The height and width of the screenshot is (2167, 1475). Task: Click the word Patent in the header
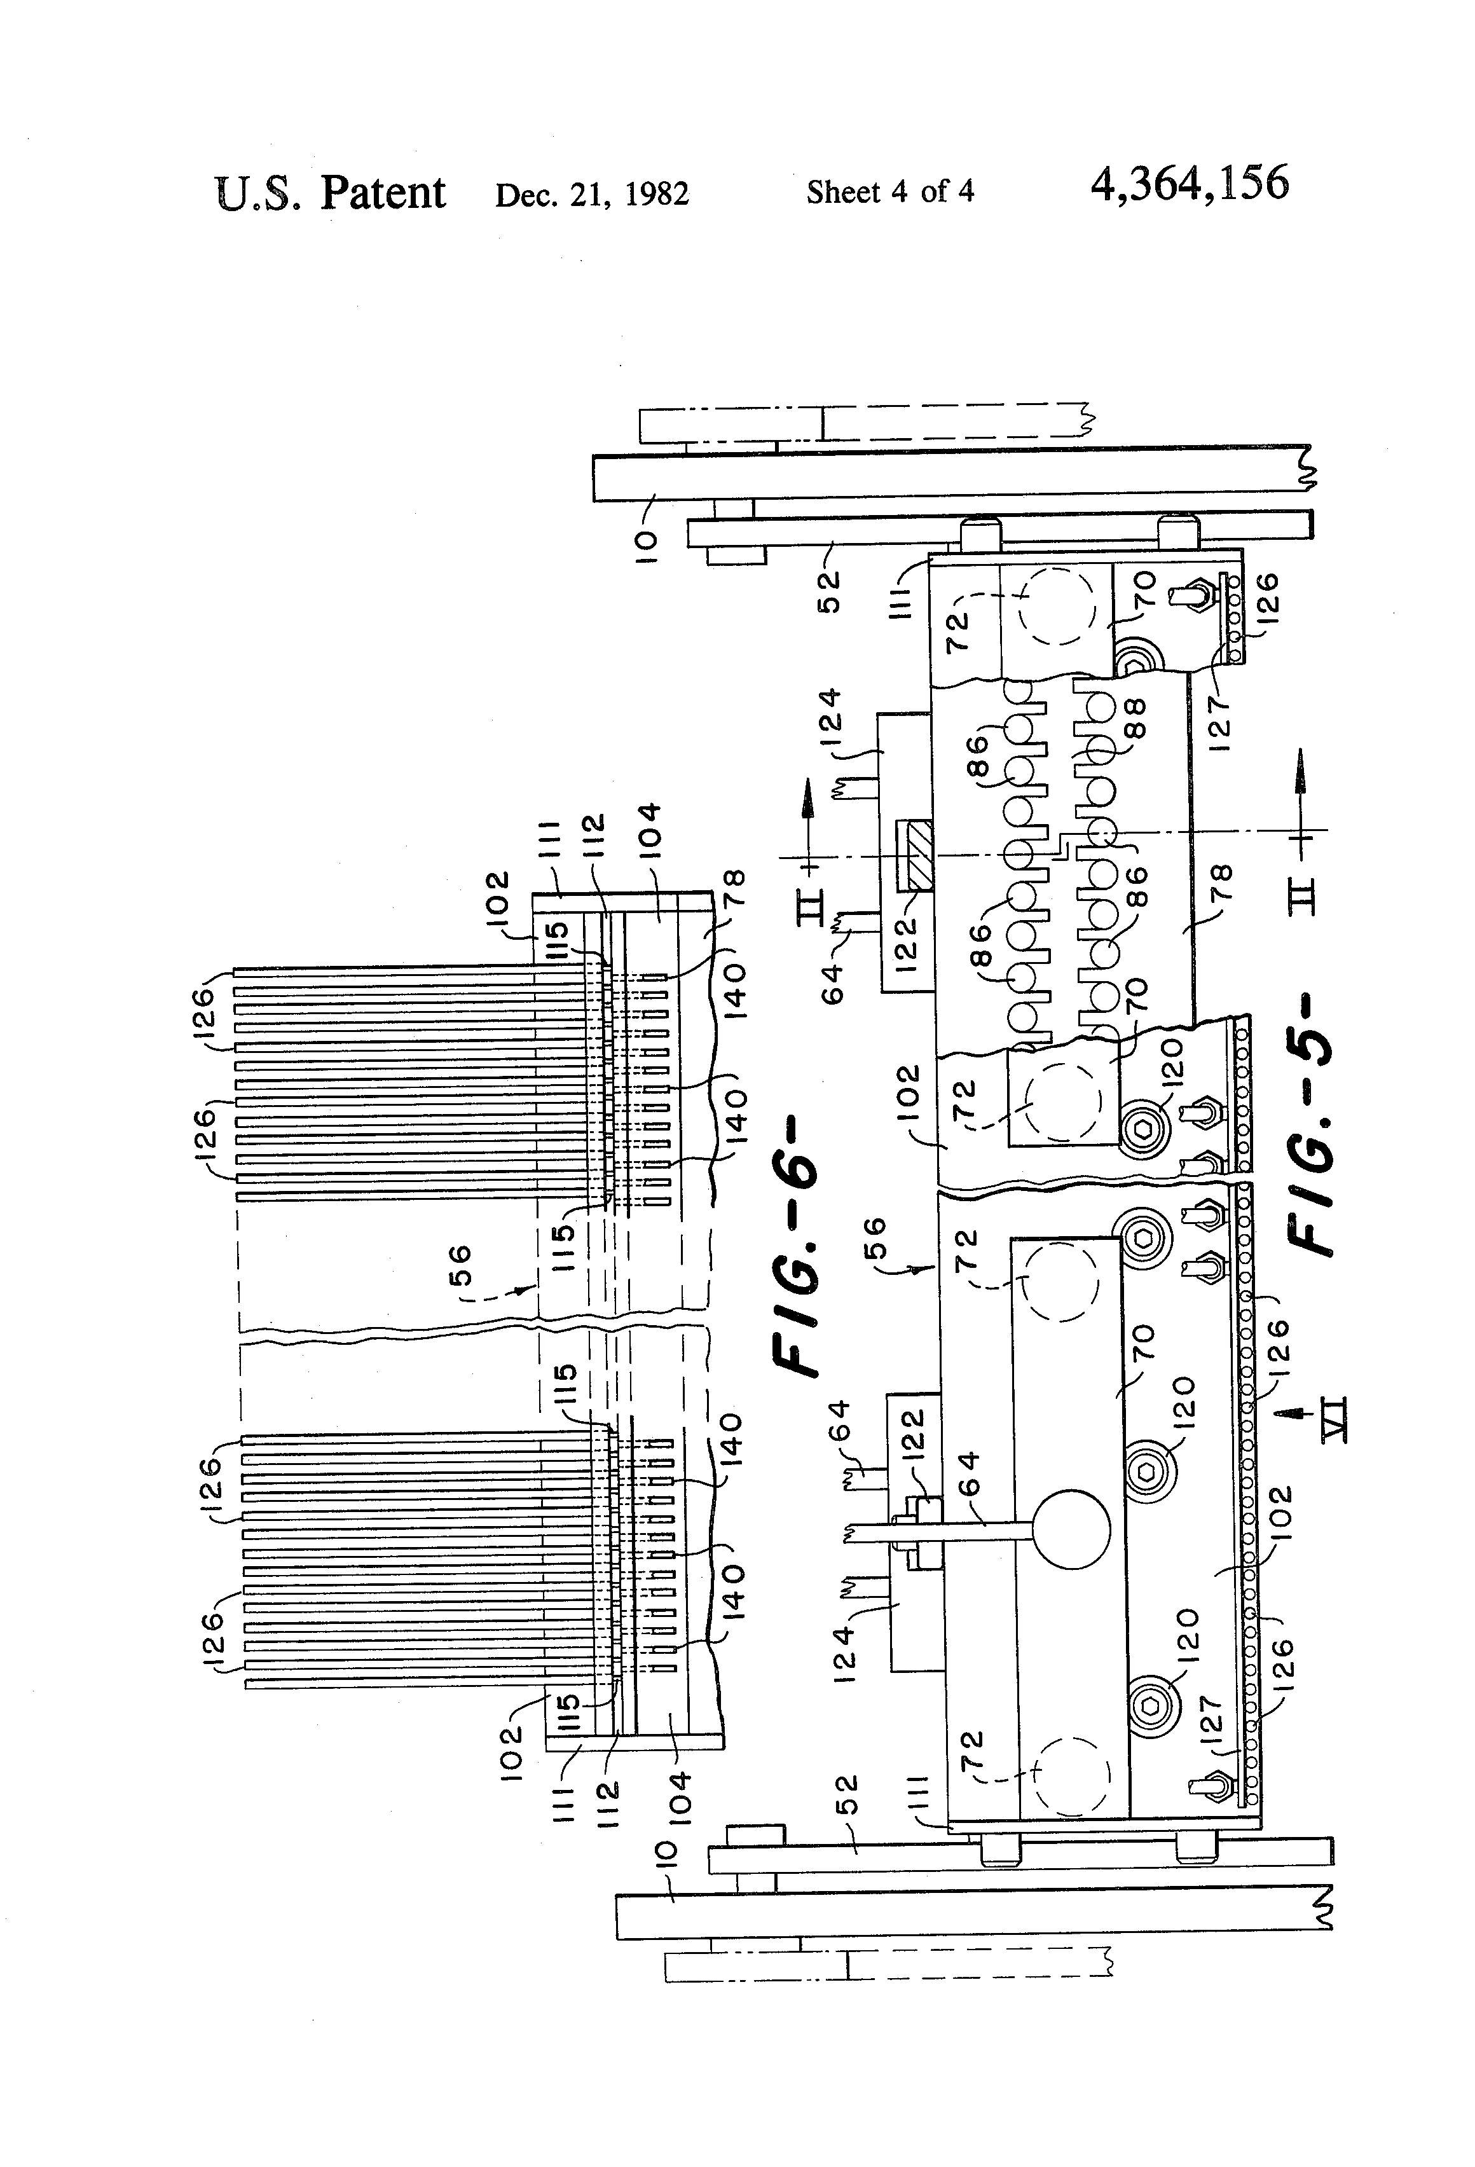point(383,193)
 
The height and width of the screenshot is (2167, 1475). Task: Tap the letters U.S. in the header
point(257,193)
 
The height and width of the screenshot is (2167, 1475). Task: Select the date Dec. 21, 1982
point(591,194)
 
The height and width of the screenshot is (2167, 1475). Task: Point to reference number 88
point(1135,719)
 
